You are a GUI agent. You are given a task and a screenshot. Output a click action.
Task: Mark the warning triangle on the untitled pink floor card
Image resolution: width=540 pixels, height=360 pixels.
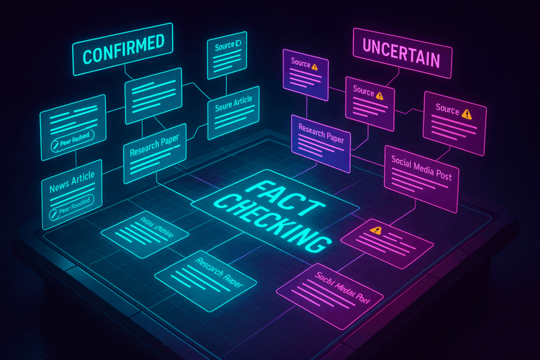point(375,230)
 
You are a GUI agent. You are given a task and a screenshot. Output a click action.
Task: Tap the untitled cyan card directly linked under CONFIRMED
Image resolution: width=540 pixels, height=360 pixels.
point(153,95)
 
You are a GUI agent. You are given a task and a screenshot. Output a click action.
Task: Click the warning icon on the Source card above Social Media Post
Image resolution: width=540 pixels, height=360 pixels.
point(466,113)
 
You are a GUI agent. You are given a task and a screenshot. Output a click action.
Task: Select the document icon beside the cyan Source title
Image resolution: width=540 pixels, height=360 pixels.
point(238,45)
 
